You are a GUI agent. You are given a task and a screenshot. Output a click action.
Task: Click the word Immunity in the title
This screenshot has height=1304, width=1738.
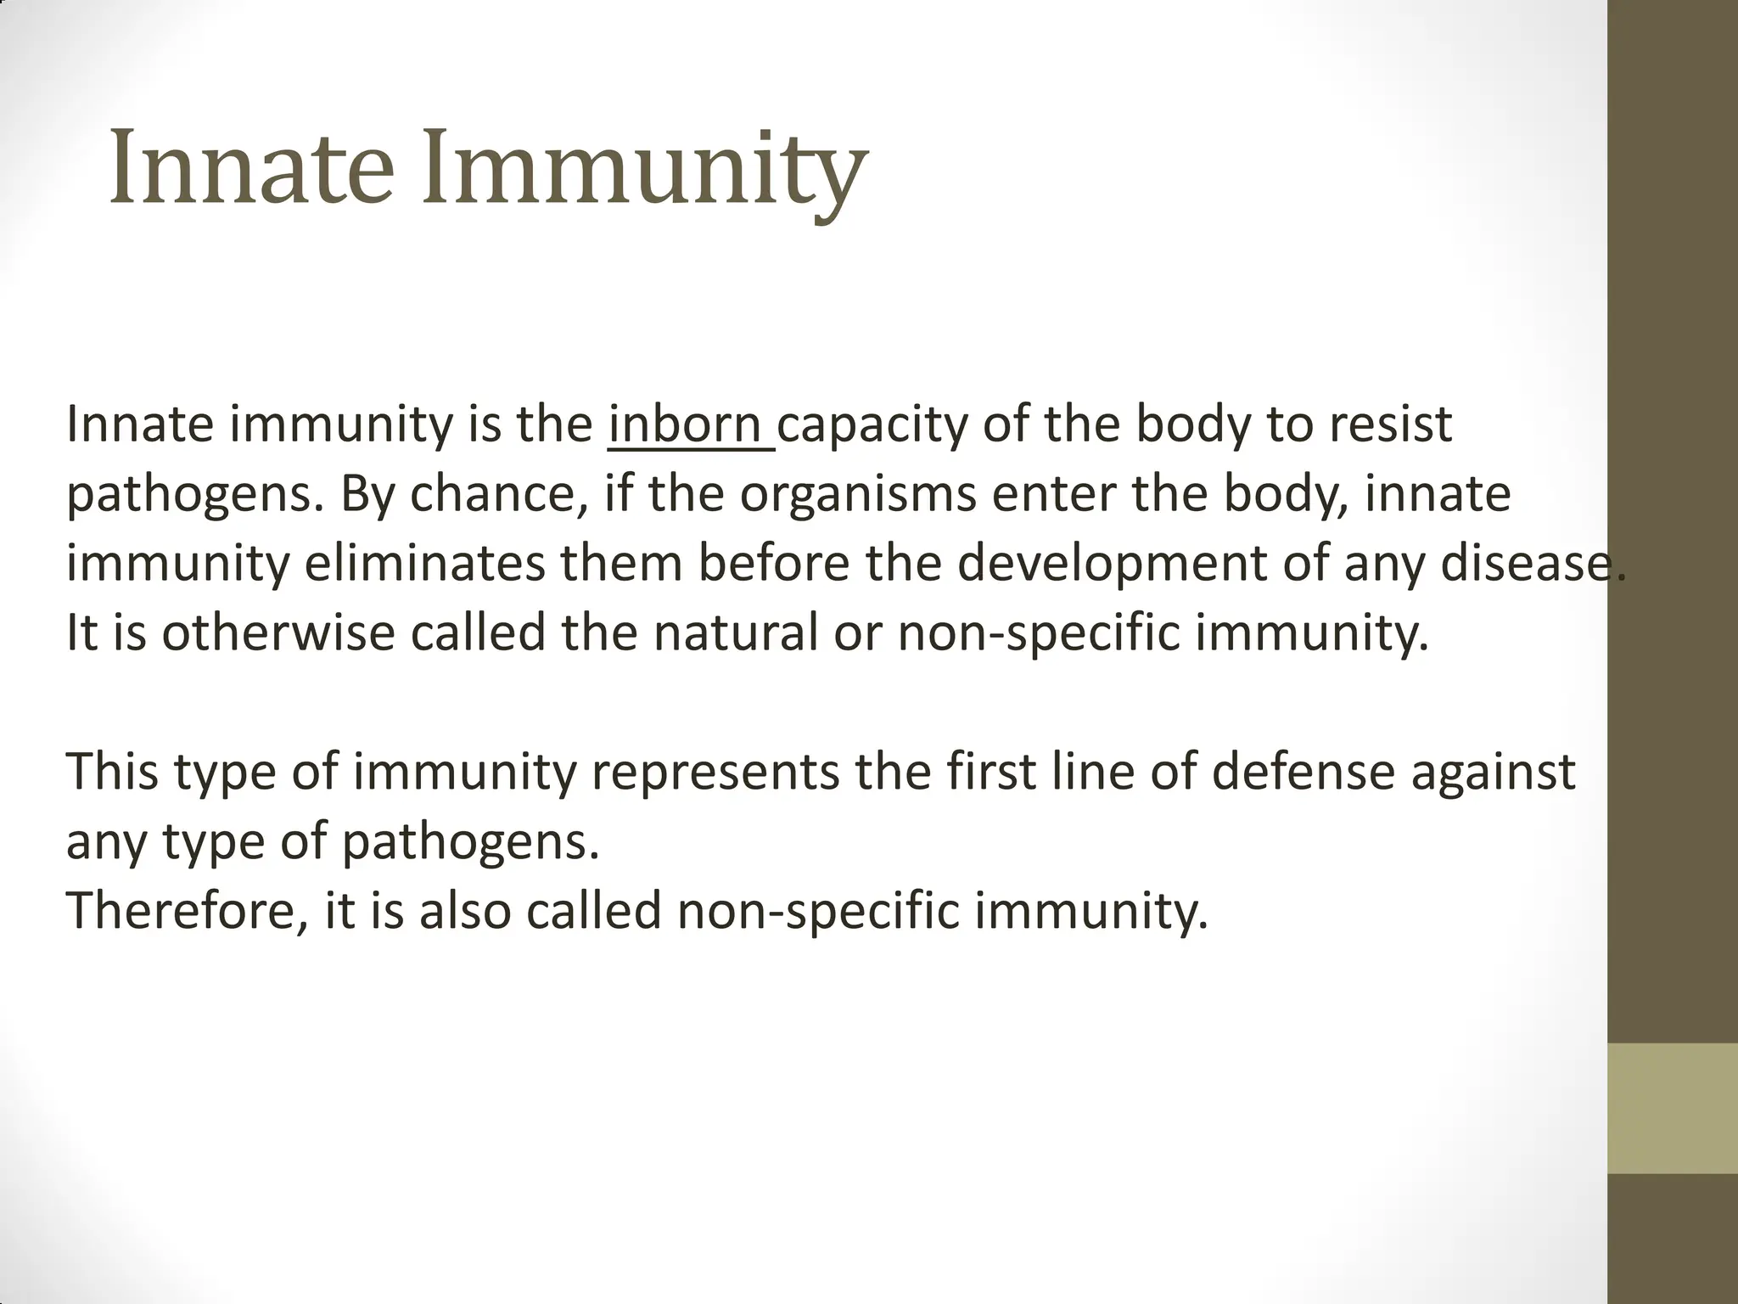pyautogui.click(x=645, y=167)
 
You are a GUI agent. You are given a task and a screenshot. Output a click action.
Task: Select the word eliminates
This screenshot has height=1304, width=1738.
pyautogui.click(x=424, y=564)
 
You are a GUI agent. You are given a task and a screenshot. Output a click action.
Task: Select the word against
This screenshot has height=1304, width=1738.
pyautogui.click(x=1493, y=773)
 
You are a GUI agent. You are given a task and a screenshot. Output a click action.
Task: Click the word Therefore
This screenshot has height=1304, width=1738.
pyautogui.click(x=187, y=911)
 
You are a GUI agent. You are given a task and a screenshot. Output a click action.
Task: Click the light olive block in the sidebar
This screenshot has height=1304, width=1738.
pyautogui.click(x=1673, y=1108)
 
